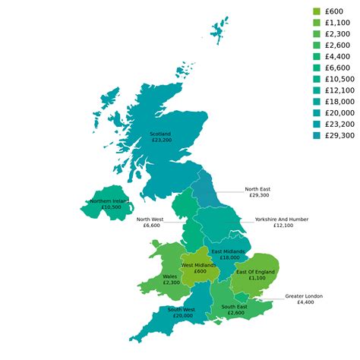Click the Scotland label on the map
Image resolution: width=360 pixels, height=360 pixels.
[160, 134]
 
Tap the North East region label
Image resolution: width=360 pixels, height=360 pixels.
[257, 189]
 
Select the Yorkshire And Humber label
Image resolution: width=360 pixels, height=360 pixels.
[282, 219]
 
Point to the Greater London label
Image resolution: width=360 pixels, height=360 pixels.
[304, 295]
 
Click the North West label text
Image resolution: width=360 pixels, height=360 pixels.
[148, 219]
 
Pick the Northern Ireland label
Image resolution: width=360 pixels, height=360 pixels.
[109, 201]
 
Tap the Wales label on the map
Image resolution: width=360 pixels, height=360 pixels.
[171, 276]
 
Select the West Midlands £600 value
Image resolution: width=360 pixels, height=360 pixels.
[200, 271]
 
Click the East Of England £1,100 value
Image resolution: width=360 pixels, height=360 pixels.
[254, 278]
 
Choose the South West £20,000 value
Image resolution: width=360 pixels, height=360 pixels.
[182, 315]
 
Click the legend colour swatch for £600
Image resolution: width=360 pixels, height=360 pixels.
[317, 11]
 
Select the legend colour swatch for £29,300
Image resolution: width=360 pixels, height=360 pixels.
[317, 135]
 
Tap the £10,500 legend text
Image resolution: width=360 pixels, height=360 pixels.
[340, 79]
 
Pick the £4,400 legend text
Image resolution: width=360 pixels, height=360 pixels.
[338, 56]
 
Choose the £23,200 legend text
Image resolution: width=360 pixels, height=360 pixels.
[340, 124]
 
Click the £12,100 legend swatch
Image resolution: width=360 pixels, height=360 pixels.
[317, 90]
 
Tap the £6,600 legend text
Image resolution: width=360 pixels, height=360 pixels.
[338, 68]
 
